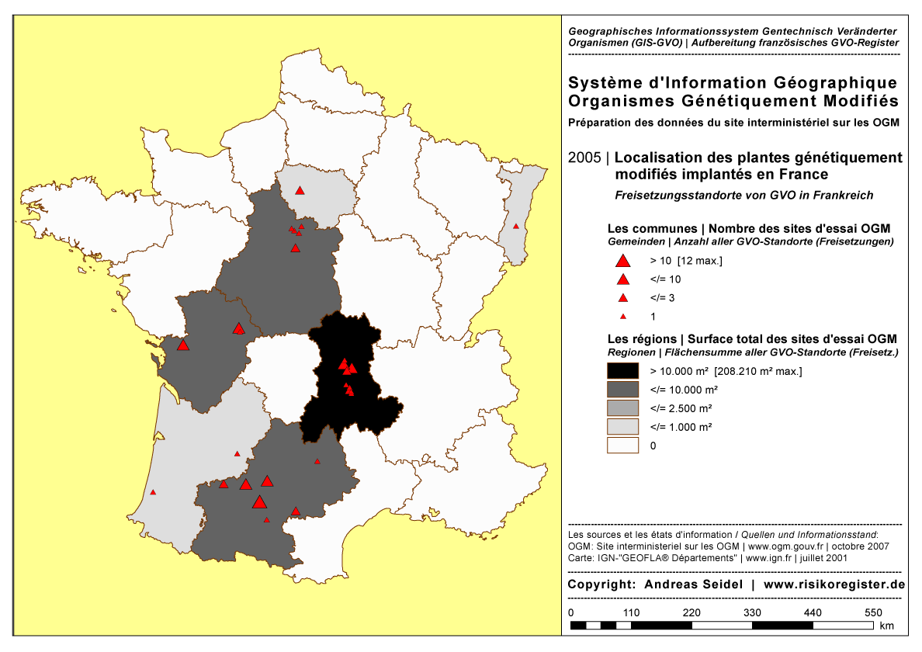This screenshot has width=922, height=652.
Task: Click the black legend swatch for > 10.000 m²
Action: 622,371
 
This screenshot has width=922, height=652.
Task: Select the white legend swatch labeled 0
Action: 622,446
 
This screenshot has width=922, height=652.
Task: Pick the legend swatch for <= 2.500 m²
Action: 622,408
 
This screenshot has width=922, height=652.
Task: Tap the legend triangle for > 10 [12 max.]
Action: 622,262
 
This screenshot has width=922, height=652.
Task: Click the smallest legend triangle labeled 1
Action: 622,317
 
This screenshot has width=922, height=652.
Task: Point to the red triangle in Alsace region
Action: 515,226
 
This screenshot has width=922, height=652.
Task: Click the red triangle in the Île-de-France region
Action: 300,190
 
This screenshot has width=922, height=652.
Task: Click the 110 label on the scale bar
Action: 631,612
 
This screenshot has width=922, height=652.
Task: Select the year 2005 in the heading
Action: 584,158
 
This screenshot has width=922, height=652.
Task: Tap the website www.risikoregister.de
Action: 834,584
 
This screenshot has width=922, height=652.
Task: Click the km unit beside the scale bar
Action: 887,626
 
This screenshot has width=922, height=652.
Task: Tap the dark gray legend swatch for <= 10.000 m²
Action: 622,390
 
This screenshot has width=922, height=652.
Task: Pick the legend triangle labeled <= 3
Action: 622,298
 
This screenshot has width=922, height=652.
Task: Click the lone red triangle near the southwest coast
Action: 153,491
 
